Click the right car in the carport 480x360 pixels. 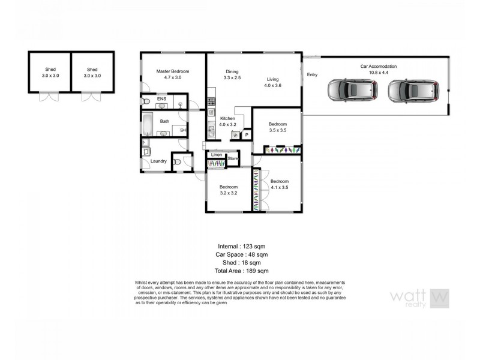tap(412, 91)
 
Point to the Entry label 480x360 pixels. tap(312, 75)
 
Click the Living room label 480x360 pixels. tap(273, 79)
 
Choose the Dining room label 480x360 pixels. tap(232, 71)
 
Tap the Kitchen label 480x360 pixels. tap(227, 118)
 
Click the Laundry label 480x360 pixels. tap(158, 161)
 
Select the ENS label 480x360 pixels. tap(161, 98)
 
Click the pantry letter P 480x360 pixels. tap(246, 136)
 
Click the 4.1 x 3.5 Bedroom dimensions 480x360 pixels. tap(280, 187)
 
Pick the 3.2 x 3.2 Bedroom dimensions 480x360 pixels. tap(229, 193)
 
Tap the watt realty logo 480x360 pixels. tap(419, 298)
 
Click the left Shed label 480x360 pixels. tap(50, 69)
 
